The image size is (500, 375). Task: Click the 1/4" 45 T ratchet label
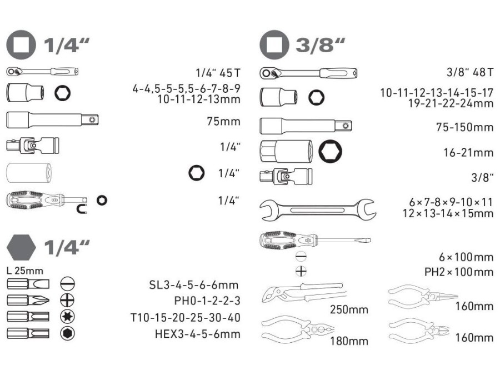coord(218,72)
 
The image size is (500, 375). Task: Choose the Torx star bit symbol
coord(68,317)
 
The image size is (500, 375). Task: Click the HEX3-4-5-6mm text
coord(197,334)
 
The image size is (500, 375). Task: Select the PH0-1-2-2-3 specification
coord(207,301)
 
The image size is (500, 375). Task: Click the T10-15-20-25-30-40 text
coord(185,318)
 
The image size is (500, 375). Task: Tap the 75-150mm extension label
coord(464,127)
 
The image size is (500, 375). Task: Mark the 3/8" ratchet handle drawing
coord(308,73)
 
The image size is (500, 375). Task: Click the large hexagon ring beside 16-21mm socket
coord(331,150)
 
